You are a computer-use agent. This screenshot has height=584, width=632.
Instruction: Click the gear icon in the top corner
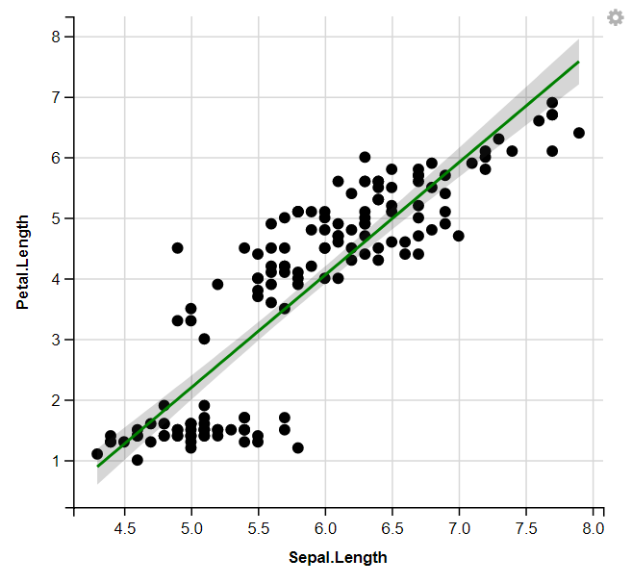click(616, 17)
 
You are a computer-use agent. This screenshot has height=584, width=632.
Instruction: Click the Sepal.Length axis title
click(338, 558)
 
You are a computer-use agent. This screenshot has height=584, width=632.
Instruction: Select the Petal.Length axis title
click(22, 263)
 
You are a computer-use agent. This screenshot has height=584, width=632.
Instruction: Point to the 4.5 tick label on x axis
click(124, 529)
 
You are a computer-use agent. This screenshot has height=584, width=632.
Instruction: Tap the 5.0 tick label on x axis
click(191, 529)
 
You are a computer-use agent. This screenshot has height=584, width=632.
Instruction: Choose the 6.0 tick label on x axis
click(325, 529)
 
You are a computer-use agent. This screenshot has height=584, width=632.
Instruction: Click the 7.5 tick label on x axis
click(526, 529)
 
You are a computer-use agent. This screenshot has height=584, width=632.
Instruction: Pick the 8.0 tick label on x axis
click(593, 529)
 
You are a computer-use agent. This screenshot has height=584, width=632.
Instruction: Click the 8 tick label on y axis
click(56, 37)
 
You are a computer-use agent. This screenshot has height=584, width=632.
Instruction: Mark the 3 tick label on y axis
click(56, 340)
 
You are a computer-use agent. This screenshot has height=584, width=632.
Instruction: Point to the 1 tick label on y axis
click(56, 461)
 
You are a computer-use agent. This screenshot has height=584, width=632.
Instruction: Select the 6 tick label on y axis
click(56, 158)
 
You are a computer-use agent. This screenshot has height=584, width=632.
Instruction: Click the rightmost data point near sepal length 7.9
click(579, 133)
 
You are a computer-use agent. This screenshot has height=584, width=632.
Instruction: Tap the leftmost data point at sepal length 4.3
click(97, 454)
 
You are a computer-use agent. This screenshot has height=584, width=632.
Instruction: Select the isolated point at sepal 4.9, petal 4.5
click(178, 248)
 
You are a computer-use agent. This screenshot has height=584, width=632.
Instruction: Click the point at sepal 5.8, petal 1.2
click(298, 448)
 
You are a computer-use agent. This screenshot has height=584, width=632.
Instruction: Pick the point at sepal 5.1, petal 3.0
click(205, 339)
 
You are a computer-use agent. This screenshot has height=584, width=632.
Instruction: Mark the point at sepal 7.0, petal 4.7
click(459, 236)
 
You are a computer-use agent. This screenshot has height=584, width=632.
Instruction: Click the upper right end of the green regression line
click(579, 62)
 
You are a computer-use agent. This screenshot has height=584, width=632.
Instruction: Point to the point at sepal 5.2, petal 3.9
click(218, 285)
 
